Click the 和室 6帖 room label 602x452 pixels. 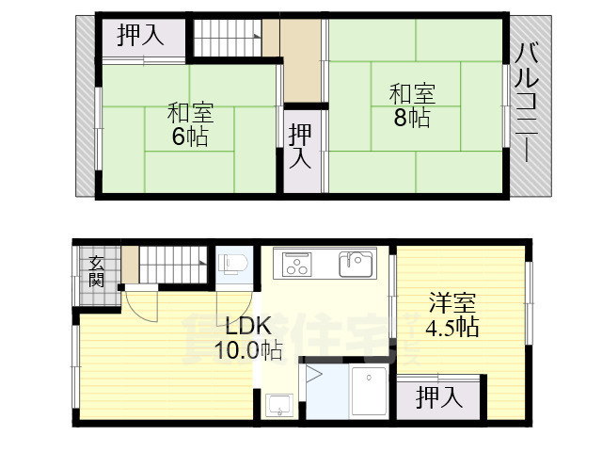[190, 124]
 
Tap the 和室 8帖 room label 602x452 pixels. [412, 105]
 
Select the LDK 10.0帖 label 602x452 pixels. [248, 338]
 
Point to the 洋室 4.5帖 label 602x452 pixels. [452, 315]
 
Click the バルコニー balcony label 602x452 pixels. [527, 103]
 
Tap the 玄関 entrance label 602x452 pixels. [96, 271]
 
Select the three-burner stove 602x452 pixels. [297, 265]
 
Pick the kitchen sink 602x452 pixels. [356, 264]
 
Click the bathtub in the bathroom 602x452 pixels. [369, 391]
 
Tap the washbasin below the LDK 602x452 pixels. [279, 406]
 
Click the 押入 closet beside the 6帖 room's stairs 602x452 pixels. [140, 36]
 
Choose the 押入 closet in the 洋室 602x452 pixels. [439, 397]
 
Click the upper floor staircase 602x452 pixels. [228, 38]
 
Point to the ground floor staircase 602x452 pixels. [173, 265]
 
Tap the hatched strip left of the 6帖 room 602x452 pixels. [86, 106]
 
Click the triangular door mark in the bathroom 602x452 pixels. [313, 375]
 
